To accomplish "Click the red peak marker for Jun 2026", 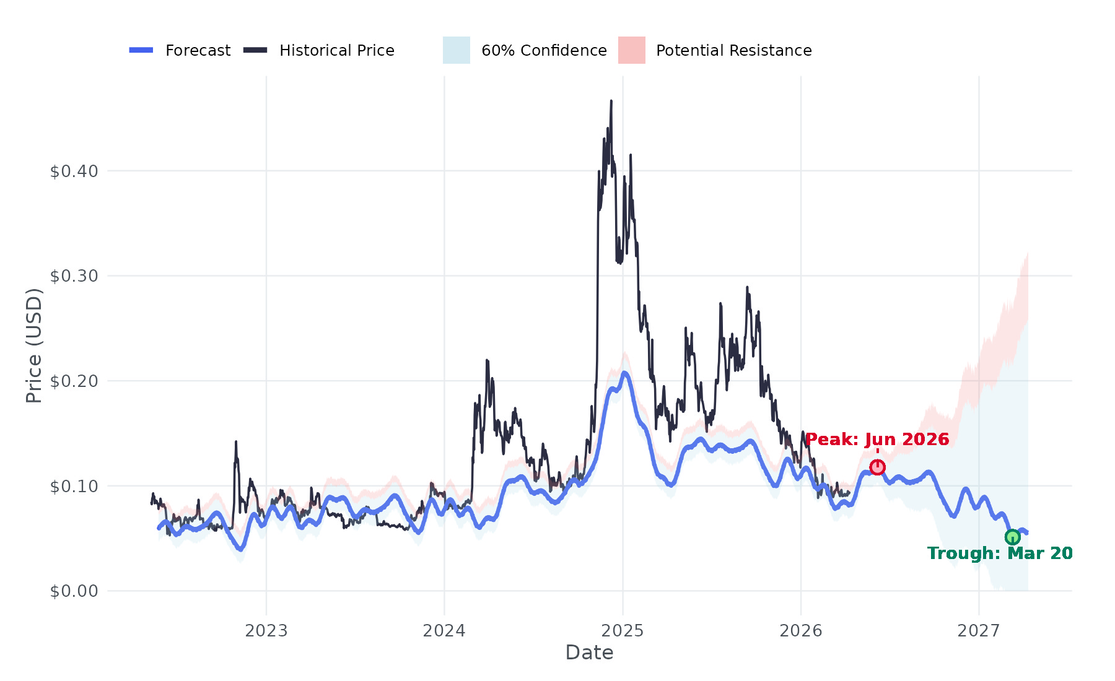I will (877, 467).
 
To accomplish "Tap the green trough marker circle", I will (1012, 537).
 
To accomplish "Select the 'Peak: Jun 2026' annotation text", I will (877, 440).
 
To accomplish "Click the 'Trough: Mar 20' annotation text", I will (1000, 553).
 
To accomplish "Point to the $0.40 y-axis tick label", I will (74, 171).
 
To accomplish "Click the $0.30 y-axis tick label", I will (74, 276).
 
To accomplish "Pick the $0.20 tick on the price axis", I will (74, 381).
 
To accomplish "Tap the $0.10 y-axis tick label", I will (74, 486).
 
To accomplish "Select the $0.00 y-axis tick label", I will (74, 591).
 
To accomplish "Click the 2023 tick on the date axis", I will (266, 631).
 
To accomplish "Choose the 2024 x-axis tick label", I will (444, 631).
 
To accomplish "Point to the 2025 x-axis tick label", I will (623, 631).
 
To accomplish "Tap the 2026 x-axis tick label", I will (801, 631).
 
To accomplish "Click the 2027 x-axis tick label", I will (979, 631).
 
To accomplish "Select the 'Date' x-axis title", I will (589, 653).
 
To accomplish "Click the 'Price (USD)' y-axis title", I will (34, 345).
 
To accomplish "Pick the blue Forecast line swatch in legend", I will (141, 50).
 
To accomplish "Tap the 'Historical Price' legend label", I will (336, 50).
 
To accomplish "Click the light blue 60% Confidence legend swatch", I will (457, 50).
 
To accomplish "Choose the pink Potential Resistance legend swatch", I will (632, 50).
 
